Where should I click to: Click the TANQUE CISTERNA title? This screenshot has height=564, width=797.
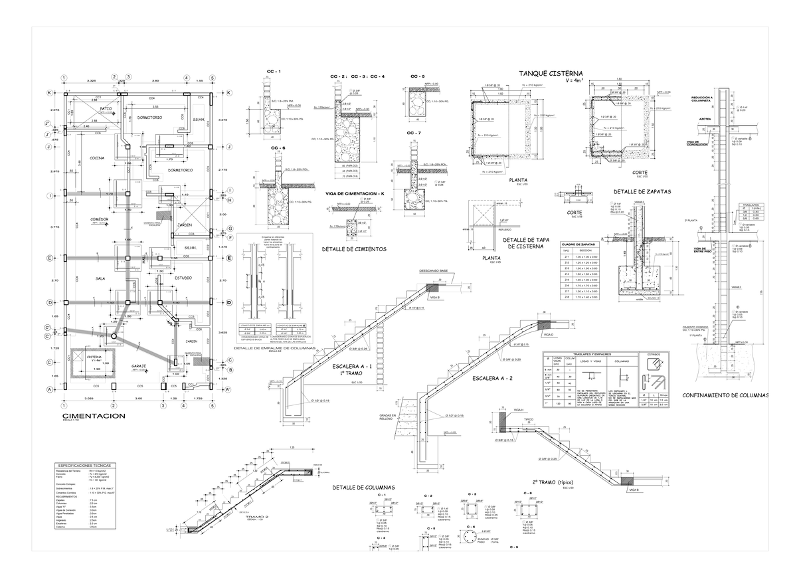(551, 72)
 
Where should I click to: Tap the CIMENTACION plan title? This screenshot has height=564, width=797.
(93, 416)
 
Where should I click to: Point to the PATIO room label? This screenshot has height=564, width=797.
(106, 108)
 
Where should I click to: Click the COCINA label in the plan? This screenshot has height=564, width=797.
(98, 157)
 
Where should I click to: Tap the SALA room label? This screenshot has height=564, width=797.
(101, 278)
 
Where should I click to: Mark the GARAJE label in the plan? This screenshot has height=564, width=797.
(139, 366)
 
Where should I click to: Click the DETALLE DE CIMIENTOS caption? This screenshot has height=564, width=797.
(354, 249)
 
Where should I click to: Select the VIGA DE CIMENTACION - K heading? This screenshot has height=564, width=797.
(355, 193)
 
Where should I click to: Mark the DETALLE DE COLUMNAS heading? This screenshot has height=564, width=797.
(363, 488)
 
